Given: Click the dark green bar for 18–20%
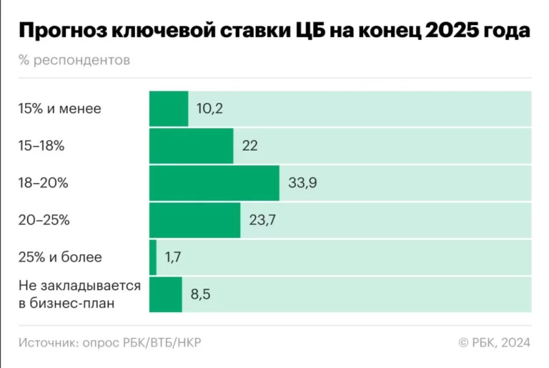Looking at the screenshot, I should click(214, 183).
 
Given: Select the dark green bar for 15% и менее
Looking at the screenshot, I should click(168, 109).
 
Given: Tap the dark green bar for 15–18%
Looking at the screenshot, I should click(191, 146).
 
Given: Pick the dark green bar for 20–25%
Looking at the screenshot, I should click(194, 220).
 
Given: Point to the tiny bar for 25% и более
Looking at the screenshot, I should click(152, 257).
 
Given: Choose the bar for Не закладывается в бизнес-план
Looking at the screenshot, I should click(165, 294).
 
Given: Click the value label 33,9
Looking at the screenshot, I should click(302, 183).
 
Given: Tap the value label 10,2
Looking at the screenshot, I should click(210, 109).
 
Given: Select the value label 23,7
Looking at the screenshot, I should click(262, 220).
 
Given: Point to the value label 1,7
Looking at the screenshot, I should click(172, 257).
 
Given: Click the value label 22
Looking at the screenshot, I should click(249, 146).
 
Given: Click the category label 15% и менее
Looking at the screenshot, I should click(60, 109).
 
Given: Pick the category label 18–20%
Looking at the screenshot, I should click(43, 183).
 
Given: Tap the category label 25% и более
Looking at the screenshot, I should click(60, 257).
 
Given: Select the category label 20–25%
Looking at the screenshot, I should click(44, 220).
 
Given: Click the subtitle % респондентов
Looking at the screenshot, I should click(74, 60).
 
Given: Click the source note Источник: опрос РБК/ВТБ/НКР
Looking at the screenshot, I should click(109, 343).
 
